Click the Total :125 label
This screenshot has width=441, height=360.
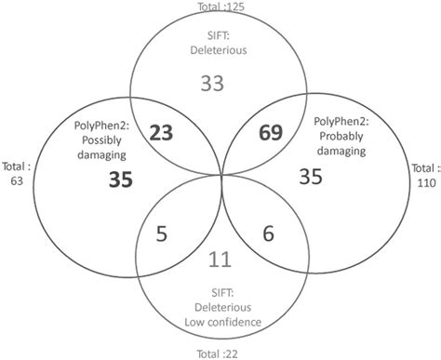220,7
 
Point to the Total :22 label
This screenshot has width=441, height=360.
220,353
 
